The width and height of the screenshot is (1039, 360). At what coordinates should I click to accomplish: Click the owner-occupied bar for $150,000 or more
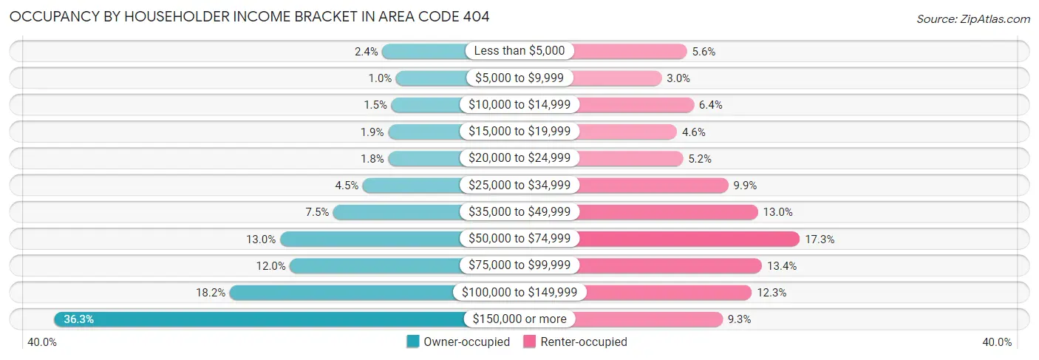pyautogui.click(x=259, y=319)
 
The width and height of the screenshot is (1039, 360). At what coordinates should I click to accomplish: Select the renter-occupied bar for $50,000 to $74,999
pyautogui.click(x=688, y=239)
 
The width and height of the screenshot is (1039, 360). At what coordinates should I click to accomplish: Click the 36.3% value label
pyautogui.click(x=78, y=319)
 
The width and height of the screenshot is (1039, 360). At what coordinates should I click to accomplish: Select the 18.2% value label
pyautogui.click(x=211, y=293)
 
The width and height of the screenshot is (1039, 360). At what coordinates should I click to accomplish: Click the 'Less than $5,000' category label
pyautogui.click(x=519, y=51)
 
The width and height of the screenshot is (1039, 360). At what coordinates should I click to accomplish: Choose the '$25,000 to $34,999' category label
pyautogui.click(x=519, y=186)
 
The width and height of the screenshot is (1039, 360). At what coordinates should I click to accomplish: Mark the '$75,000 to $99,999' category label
pyautogui.click(x=519, y=265)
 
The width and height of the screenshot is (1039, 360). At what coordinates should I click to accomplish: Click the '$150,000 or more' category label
pyautogui.click(x=519, y=319)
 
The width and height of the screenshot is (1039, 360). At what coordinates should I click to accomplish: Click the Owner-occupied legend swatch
pyautogui.click(x=413, y=342)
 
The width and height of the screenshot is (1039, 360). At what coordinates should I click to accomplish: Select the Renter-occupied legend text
pyautogui.click(x=583, y=342)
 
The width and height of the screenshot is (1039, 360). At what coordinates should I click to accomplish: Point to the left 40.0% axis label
pyautogui.click(x=43, y=342)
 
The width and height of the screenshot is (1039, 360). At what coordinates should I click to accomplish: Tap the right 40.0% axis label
pyautogui.click(x=996, y=342)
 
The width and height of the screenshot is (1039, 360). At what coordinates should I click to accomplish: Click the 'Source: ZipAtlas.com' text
pyautogui.click(x=973, y=18)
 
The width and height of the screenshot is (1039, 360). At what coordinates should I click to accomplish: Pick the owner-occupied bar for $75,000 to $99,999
pyautogui.click(x=376, y=265)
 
